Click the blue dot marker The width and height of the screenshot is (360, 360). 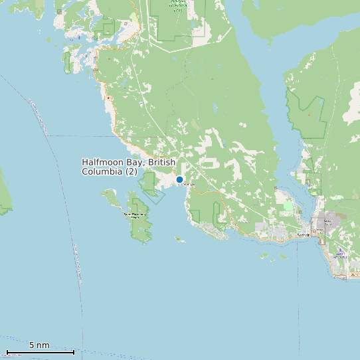[x=179, y=179]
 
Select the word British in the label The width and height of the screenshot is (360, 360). [x=162, y=162]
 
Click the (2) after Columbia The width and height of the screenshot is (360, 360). [x=132, y=171]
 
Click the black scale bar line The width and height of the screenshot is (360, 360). [x=40, y=352]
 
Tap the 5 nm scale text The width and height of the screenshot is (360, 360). [x=39, y=345]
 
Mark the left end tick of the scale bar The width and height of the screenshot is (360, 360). [x=7, y=352]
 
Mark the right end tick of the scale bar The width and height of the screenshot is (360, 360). [x=74, y=352]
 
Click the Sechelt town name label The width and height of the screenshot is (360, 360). [x=304, y=235]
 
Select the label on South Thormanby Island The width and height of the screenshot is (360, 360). [x=136, y=215]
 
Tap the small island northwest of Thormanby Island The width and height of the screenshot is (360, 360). [x=109, y=195]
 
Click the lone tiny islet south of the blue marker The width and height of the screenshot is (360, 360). [x=179, y=239]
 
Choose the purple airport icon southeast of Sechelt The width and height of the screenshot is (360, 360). [x=340, y=251]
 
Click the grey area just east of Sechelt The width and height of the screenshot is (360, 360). [x=329, y=221]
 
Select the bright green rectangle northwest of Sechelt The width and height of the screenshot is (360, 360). [x=288, y=207]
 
